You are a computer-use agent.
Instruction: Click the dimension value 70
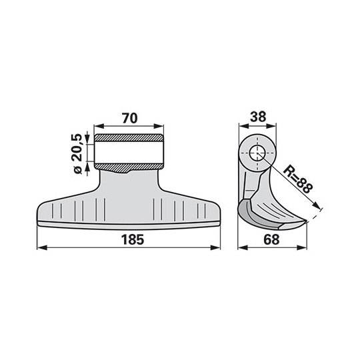pos(130,118)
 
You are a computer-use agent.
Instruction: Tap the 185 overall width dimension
pos(133,240)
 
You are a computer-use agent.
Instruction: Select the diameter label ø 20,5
pos(77,153)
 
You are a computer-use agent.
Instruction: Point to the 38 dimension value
pos(258,117)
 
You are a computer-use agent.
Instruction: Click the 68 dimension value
pos(271,240)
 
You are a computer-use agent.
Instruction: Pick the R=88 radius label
pos(298,179)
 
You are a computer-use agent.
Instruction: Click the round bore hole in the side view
pos(257,153)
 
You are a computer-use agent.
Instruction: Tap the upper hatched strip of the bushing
pos(129,138)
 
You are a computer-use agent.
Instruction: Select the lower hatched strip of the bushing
pos(129,167)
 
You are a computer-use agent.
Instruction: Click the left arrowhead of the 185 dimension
pos(42,247)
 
